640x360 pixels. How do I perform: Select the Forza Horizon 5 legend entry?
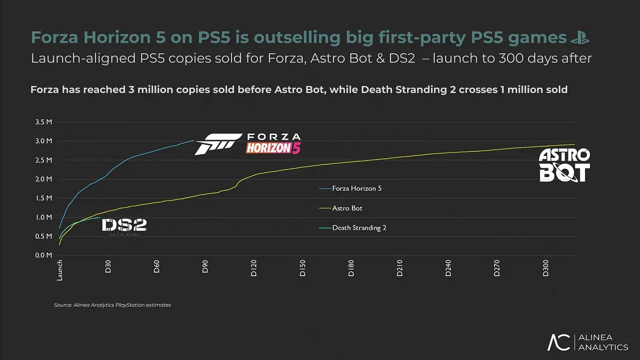pos(356,189)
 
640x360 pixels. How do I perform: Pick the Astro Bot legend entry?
pos(347,208)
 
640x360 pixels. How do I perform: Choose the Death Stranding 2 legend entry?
pos(359,228)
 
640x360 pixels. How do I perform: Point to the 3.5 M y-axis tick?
pos(44,122)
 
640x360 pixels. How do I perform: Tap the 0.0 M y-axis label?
pos(44,255)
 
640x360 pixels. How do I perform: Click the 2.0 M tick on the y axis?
pos(44,179)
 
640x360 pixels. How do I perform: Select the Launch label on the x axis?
pos(60,270)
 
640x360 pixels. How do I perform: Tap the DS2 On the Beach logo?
pos(124,226)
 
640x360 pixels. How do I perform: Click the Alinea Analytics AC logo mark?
pos(559,342)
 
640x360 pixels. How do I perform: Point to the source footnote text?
pos(113,305)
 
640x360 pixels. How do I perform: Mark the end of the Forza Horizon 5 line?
pos(193,141)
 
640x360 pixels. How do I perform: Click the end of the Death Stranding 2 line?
pos(100,218)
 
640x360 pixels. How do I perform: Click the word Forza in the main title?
pos(55,38)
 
